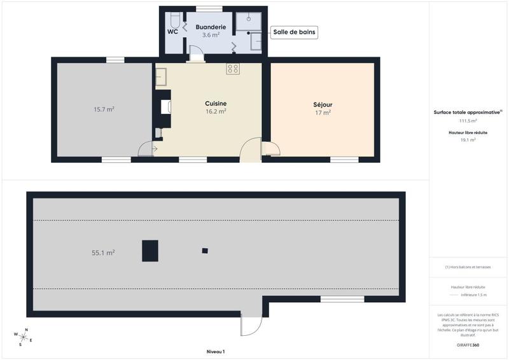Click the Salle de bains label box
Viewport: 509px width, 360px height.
294,32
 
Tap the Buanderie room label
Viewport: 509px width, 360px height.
211,27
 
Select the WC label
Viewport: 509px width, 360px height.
172,31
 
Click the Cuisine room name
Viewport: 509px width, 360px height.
216,104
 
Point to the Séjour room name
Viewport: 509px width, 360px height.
323,105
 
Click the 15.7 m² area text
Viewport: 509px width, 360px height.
104,109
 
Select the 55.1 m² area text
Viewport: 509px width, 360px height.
103,253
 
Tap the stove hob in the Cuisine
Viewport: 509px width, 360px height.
233,69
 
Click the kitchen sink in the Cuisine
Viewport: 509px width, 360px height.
160,77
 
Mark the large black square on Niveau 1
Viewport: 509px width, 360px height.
150,251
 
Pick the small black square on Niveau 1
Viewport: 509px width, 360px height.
205,251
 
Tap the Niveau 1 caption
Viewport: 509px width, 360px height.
216,351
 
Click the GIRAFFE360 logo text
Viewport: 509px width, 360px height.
468,344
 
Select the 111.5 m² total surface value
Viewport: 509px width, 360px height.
468,120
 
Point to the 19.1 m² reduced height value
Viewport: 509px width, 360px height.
468,140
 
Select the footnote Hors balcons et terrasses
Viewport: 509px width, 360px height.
468,267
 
